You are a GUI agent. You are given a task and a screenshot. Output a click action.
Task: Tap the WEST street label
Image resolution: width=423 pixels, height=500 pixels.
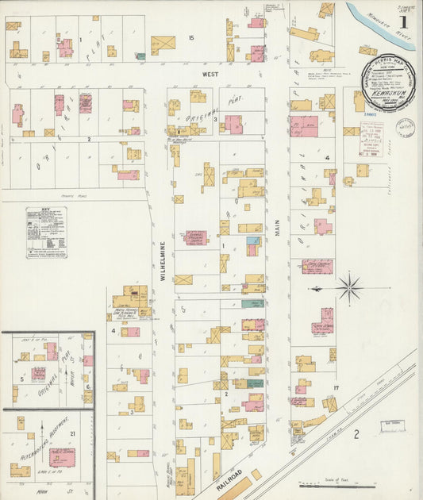click(210, 74)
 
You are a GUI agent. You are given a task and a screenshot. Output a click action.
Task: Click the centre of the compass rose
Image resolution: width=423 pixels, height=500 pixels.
click(348, 287)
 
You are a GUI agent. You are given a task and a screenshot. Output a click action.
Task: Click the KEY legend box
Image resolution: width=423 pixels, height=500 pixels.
click(46, 232)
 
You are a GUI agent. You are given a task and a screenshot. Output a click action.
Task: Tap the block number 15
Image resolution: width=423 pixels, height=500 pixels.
click(190, 38)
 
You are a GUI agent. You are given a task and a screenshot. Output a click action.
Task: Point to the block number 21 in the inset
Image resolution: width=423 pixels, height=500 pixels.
click(72, 433)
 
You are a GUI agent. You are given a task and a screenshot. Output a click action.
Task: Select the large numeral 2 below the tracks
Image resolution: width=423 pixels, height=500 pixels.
click(356, 433)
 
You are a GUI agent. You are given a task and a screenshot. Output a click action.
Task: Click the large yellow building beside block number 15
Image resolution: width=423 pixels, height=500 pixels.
click(163, 45)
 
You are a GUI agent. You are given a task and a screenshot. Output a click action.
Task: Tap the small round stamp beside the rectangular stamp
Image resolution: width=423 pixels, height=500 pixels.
click(405, 127)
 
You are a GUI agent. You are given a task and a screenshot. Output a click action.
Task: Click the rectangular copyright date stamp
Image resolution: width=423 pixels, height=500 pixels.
click(371, 138)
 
